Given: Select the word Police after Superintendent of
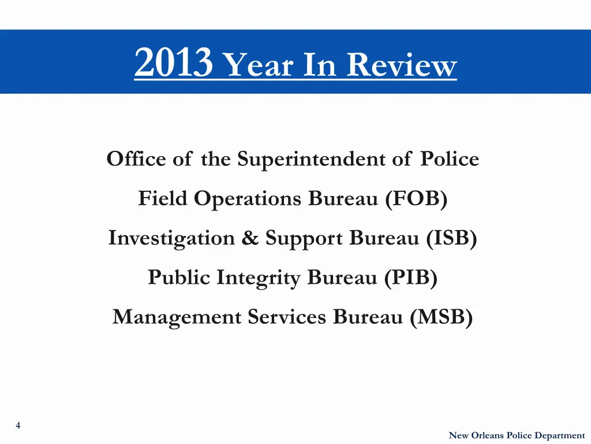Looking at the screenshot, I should pyautogui.click(x=449, y=158).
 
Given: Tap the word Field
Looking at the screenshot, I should pyautogui.click(x=162, y=198).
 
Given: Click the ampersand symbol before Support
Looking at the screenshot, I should pyautogui.click(x=250, y=238).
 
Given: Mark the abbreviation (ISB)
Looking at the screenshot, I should pyautogui.click(x=452, y=238).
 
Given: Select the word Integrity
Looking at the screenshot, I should pyautogui.click(x=259, y=278).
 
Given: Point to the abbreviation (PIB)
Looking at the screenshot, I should pyautogui.click(x=411, y=278).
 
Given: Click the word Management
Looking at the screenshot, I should pyautogui.click(x=177, y=317).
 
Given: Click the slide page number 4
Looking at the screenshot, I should pyautogui.click(x=18, y=425).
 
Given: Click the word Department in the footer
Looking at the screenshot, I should pyautogui.click(x=559, y=435).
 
